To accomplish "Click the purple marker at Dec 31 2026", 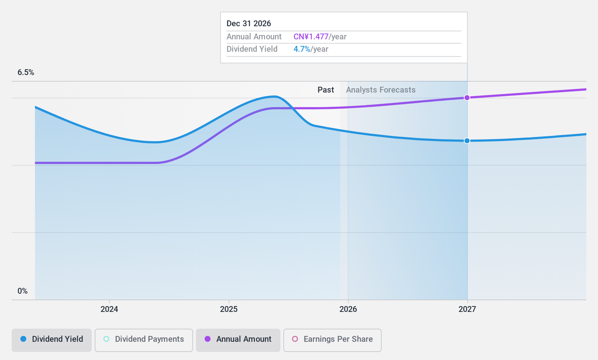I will (x=467, y=98).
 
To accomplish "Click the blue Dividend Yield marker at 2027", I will (x=467, y=141).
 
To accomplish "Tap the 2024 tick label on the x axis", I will (x=109, y=309).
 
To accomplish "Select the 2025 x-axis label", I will (x=229, y=309).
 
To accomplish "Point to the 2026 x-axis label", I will (x=348, y=309).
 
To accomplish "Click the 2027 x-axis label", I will (x=467, y=309).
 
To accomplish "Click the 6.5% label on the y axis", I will (x=26, y=73).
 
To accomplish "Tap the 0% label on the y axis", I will (x=23, y=291).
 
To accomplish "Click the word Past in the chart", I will (x=326, y=90).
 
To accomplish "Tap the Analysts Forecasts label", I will (x=381, y=90).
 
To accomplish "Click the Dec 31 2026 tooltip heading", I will (x=249, y=24).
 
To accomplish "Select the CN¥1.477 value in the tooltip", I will (x=311, y=37).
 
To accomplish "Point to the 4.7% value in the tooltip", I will (x=302, y=49).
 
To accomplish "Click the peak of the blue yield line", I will (x=274, y=97).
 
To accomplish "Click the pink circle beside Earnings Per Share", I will (x=295, y=339).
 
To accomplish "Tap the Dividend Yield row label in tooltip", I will (x=252, y=49).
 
